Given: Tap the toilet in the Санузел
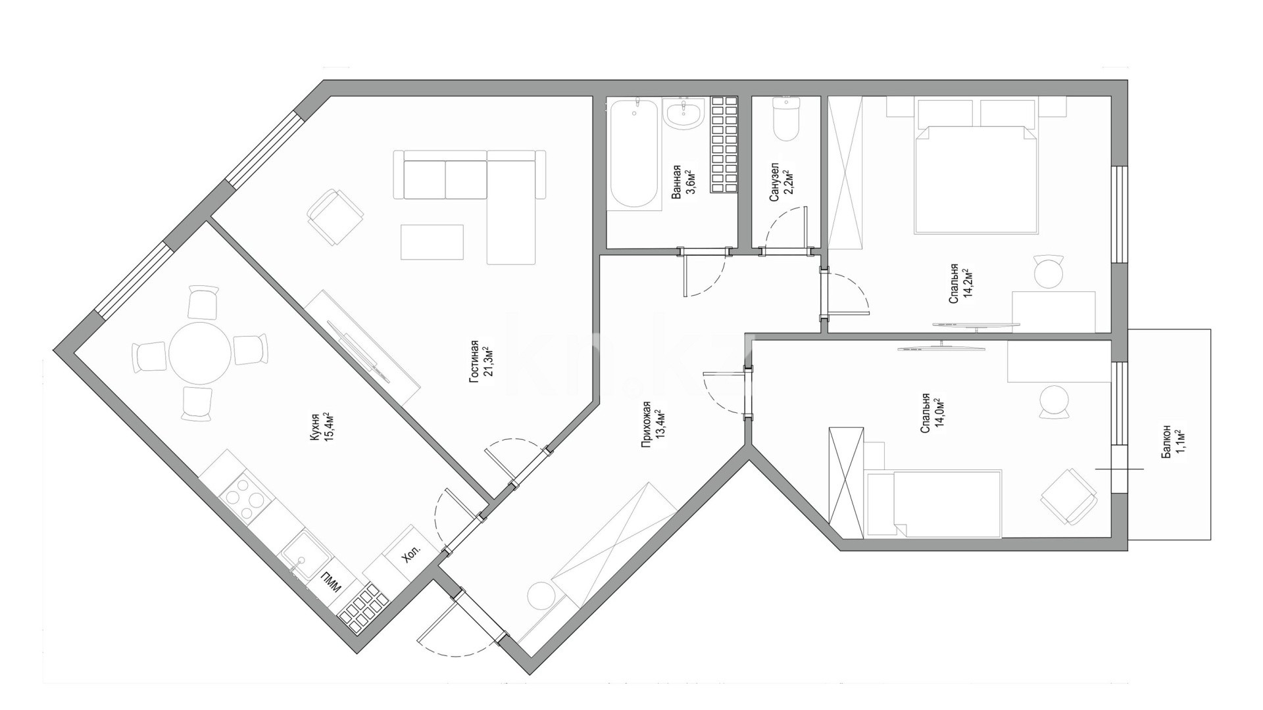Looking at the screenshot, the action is [x=786, y=119].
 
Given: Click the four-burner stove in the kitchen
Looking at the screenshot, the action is [x=245, y=498].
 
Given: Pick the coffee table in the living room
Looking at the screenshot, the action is [x=432, y=241].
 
